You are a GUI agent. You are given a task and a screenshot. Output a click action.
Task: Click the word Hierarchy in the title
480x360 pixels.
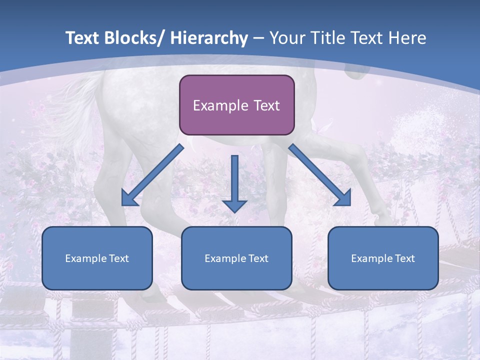(209, 38)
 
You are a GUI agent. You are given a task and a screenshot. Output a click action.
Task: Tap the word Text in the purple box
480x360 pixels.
(265, 105)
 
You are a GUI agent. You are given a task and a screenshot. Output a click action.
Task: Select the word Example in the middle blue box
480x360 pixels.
(222, 258)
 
